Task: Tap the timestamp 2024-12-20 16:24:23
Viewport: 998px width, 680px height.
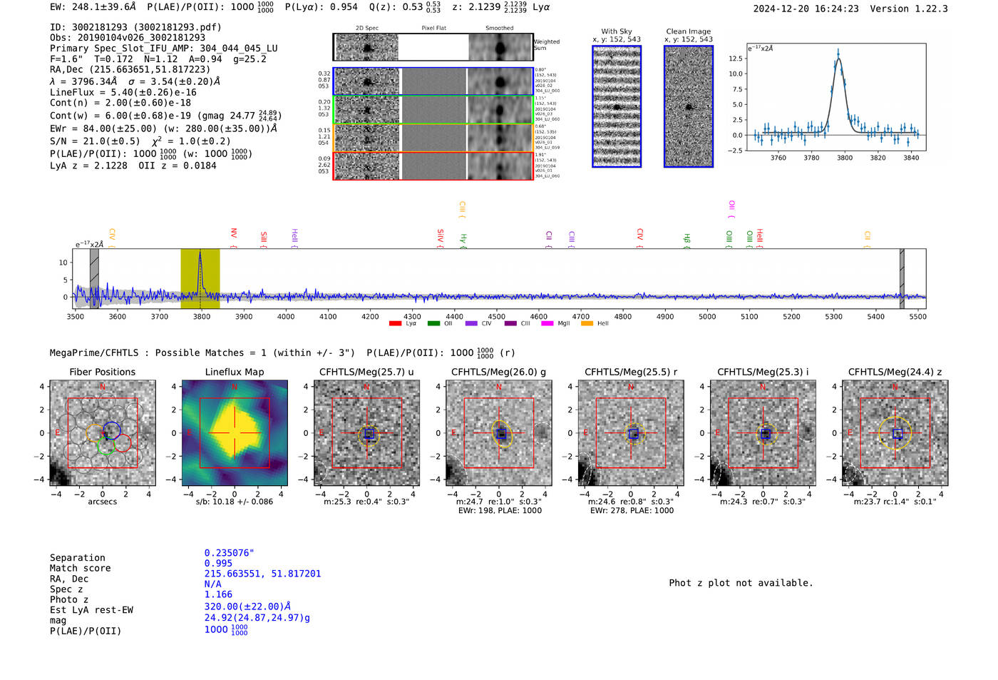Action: pyautogui.click(x=806, y=9)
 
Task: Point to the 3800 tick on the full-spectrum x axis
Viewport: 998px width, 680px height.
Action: pyautogui.click(x=201, y=316)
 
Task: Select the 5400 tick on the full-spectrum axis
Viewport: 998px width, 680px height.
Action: pyautogui.click(x=875, y=316)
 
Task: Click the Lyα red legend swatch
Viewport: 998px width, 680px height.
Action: pyautogui.click(x=395, y=323)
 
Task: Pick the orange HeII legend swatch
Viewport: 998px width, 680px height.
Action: pyautogui.click(x=587, y=323)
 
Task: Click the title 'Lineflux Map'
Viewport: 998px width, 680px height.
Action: pyautogui.click(x=234, y=372)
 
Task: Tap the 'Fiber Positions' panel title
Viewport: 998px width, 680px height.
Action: pyautogui.click(x=102, y=372)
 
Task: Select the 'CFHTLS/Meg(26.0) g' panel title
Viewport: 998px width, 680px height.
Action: pyautogui.click(x=498, y=372)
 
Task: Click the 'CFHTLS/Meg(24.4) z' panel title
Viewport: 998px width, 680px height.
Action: pyautogui.click(x=895, y=372)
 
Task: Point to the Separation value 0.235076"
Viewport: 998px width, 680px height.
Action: pyautogui.click(x=229, y=553)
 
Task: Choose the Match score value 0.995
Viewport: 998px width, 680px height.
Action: pyautogui.click(x=218, y=563)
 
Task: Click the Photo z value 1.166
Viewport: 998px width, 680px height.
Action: pyautogui.click(x=218, y=594)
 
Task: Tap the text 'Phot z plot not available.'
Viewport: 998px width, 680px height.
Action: pyautogui.click(x=741, y=583)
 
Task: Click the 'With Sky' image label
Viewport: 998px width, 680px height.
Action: pyautogui.click(x=616, y=31)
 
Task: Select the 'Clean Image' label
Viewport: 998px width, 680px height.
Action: pyautogui.click(x=688, y=31)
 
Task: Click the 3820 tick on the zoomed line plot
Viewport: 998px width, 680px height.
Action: pyautogui.click(x=878, y=158)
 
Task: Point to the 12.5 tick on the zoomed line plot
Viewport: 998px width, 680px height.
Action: pyautogui.click(x=735, y=59)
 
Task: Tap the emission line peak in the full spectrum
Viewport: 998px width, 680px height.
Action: pyautogui.click(x=200, y=252)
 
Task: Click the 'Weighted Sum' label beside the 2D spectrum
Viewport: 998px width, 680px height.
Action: pyautogui.click(x=546, y=45)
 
